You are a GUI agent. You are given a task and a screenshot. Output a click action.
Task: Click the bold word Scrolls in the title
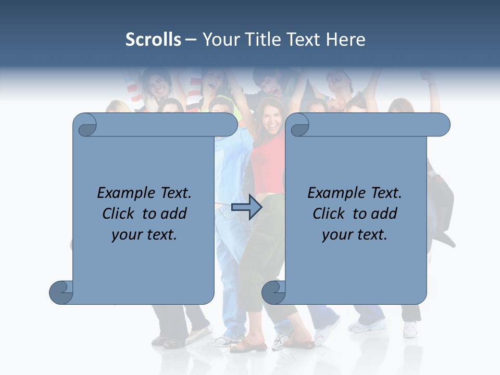153,40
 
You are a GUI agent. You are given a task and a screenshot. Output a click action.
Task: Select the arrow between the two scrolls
246,207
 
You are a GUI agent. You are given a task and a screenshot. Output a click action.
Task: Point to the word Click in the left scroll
120,214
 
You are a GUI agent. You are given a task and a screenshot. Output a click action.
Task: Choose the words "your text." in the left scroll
144,235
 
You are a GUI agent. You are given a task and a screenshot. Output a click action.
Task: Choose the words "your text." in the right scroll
355,235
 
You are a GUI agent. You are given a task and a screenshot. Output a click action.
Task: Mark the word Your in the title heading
219,40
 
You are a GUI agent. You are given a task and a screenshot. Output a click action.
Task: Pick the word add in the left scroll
174,214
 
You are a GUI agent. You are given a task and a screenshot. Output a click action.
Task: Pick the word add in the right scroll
384,214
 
